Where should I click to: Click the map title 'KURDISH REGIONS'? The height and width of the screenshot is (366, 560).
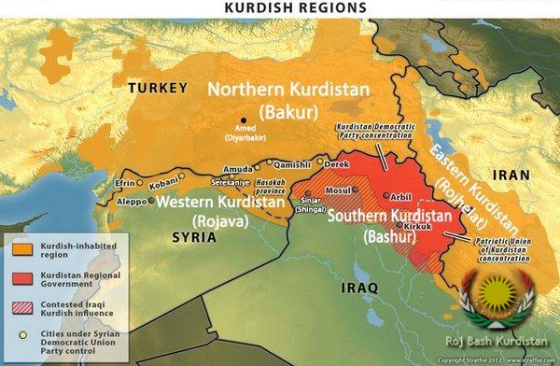pyautogui.click(x=281, y=7)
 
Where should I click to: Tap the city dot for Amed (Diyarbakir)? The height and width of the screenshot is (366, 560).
pyautogui.click(x=245, y=120)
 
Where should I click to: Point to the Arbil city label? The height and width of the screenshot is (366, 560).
pyautogui.click(x=399, y=196)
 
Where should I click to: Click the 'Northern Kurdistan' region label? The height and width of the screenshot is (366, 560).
pyautogui.click(x=288, y=91)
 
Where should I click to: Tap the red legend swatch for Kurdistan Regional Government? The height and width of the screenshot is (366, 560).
pyautogui.click(x=21, y=279)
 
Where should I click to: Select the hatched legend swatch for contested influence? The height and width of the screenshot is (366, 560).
pyautogui.click(x=21, y=307)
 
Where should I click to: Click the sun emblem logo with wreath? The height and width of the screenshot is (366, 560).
pyautogui.click(x=500, y=295)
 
